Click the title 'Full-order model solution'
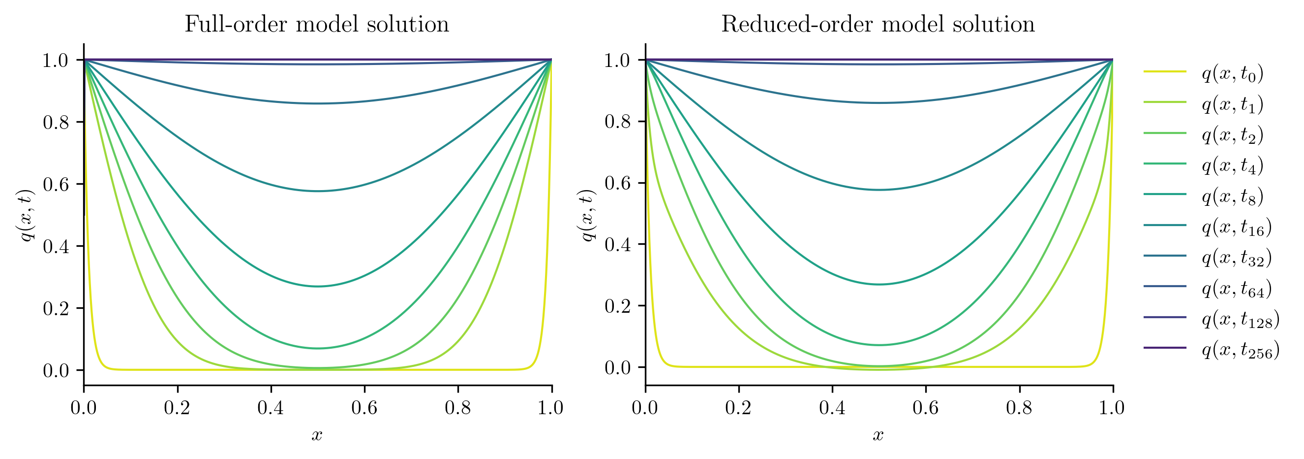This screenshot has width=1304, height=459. [317, 24]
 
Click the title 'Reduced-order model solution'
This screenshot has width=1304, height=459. [878, 24]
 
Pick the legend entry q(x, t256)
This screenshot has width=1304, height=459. [1241, 350]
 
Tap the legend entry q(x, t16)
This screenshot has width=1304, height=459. [1237, 227]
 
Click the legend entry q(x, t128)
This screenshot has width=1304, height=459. [1241, 319]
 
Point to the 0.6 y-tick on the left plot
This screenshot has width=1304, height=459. [56, 184]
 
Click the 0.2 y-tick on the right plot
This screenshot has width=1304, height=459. [617, 306]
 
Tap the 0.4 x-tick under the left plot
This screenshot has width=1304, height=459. [271, 408]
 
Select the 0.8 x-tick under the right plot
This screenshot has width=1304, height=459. [1019, 408]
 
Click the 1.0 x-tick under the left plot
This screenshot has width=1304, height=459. [551, 408]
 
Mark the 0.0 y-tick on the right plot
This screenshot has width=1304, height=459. [617, 367]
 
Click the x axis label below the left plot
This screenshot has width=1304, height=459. [317, 435]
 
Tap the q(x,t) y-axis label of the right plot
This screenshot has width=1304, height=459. [588, 215]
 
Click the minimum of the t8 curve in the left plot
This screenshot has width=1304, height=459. [318, 287]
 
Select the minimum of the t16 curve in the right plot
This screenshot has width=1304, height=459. [879, 190]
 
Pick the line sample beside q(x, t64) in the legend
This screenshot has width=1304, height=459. [1165, 286]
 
